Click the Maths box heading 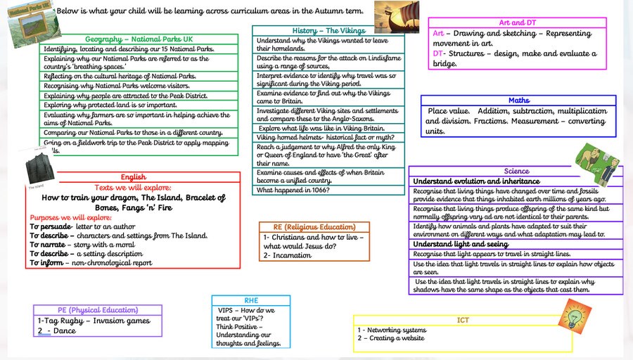[x=519, y=101]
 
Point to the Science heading [x=516, y=172]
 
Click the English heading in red [x=133, y=177]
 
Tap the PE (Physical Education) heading [x=98, y=310]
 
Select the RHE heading [x=250, y=300]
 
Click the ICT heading [x=463, y=320]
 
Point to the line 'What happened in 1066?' [x=293, y=191]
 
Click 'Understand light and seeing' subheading [x=460, y=244]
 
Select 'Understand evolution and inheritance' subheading [x=476, y=181]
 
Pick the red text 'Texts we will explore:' [x=133, y=188]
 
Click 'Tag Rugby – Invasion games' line [x=94, y=321]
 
